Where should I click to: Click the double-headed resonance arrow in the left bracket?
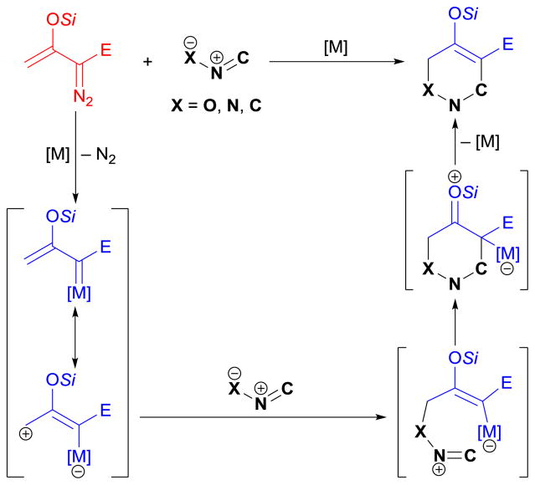pyautogui.click(x=76, y=335)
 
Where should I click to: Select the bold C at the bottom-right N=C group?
pyautogui.click(x=491, y=457)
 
